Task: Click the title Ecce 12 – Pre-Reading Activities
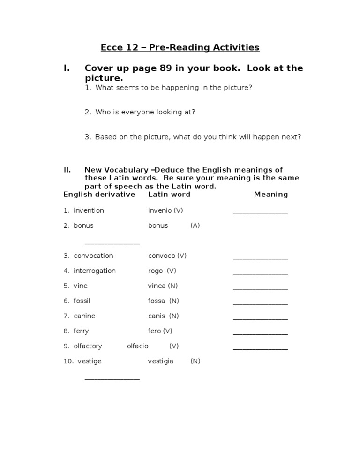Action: point(180,47)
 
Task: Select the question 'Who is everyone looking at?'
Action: point(145,112)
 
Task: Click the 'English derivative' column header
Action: point(99,194)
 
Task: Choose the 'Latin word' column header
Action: point(169,194)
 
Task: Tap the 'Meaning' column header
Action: point(270,194)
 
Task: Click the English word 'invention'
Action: point(89,210)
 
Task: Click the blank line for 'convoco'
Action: point(260,258)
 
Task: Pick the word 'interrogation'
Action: point(94,271)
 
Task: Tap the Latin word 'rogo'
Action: point(155,271)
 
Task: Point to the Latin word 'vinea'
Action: point(157,286)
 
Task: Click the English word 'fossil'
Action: point(84,301)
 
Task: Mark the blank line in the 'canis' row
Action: point(260,318)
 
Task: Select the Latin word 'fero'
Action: point(154,331)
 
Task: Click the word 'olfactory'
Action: point(88,346)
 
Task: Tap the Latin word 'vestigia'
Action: point(160,361)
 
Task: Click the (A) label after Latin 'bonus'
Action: point(195,225)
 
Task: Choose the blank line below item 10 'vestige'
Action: point(112,378)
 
